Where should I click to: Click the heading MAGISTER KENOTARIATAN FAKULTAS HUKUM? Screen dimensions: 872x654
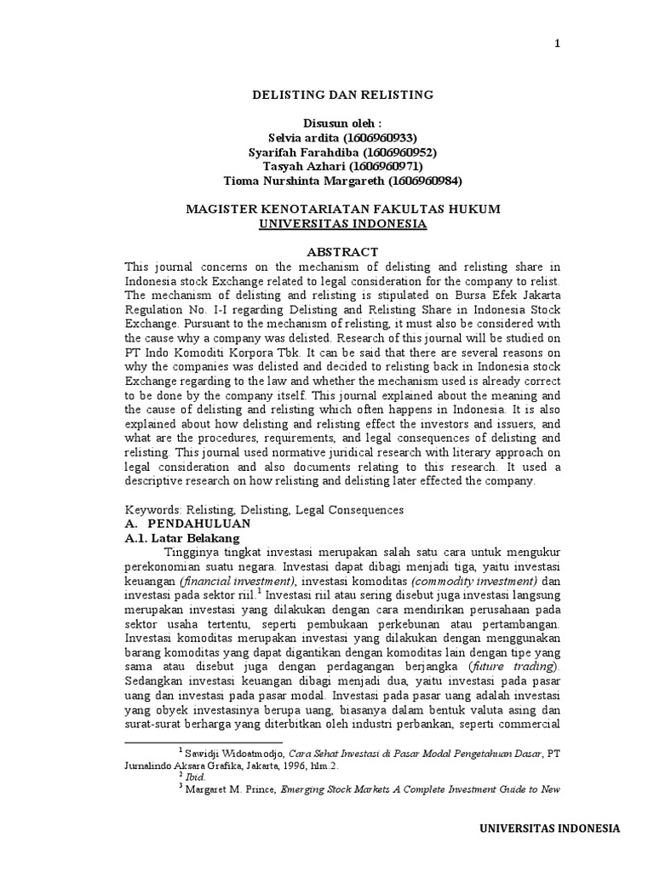coord(343,209)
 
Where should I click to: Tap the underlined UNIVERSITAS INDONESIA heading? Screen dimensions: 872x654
coord(343,223)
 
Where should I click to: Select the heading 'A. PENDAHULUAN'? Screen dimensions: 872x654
coord(178,524)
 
